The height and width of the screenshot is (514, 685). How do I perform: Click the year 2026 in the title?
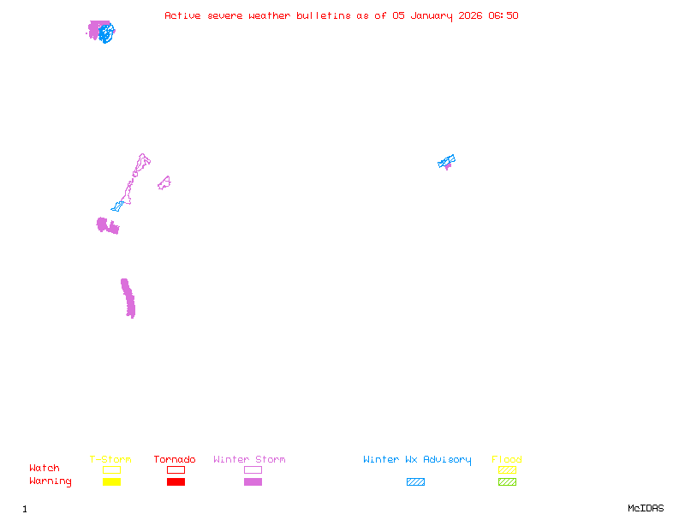(470, 15)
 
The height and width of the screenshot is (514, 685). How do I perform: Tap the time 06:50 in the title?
(503, 15)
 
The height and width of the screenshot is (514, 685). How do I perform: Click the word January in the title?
(432, 16)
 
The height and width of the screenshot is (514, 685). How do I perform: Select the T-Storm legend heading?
(110, 459)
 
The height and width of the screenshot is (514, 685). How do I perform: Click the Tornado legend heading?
(175, 459)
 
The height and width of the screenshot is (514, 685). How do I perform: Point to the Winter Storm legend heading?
(249, 459)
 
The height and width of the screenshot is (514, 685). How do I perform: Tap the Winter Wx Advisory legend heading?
(417, 460)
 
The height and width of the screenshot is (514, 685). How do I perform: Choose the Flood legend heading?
(507, 459)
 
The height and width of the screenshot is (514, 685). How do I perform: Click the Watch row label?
(45, 468)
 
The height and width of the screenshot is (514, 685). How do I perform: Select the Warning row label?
(51, 481)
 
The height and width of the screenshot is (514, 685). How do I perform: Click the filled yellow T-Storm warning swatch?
(112, 481)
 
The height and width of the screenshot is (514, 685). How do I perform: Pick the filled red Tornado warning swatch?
(176, 481)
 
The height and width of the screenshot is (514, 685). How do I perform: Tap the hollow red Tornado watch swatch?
(176, 466)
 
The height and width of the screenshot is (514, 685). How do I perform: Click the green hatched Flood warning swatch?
(507, 481)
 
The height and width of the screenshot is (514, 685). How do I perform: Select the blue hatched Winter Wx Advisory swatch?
(415, 481)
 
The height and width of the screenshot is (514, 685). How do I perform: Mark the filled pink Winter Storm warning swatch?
(253, 481)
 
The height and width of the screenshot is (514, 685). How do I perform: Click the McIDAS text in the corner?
(646, 508)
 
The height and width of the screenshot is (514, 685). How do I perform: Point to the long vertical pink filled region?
(128, 298)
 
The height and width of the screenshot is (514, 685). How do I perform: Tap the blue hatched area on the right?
(446, 161)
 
